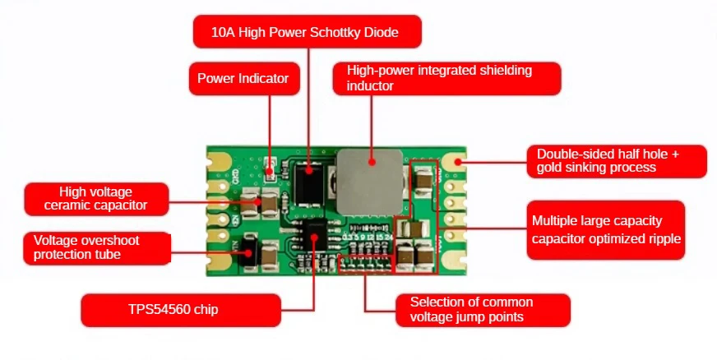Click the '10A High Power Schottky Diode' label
(308, 31)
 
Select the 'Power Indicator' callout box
(245, 79)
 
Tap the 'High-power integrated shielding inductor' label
(446, 79)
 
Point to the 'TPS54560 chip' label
(181, 310)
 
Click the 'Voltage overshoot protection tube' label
(97, 248)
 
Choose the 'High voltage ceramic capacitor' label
(96, 199)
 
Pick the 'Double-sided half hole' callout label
(617, 161)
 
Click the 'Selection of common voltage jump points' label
(483, 310)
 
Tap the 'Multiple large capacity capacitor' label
(606, 230)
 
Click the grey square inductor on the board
(370, 182)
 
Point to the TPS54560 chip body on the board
(316, 235)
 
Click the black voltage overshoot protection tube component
(248, 252)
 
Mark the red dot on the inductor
(372, 161)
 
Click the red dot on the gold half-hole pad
(458, 162)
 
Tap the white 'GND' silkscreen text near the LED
(236, 175)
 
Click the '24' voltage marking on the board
(389, 238)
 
